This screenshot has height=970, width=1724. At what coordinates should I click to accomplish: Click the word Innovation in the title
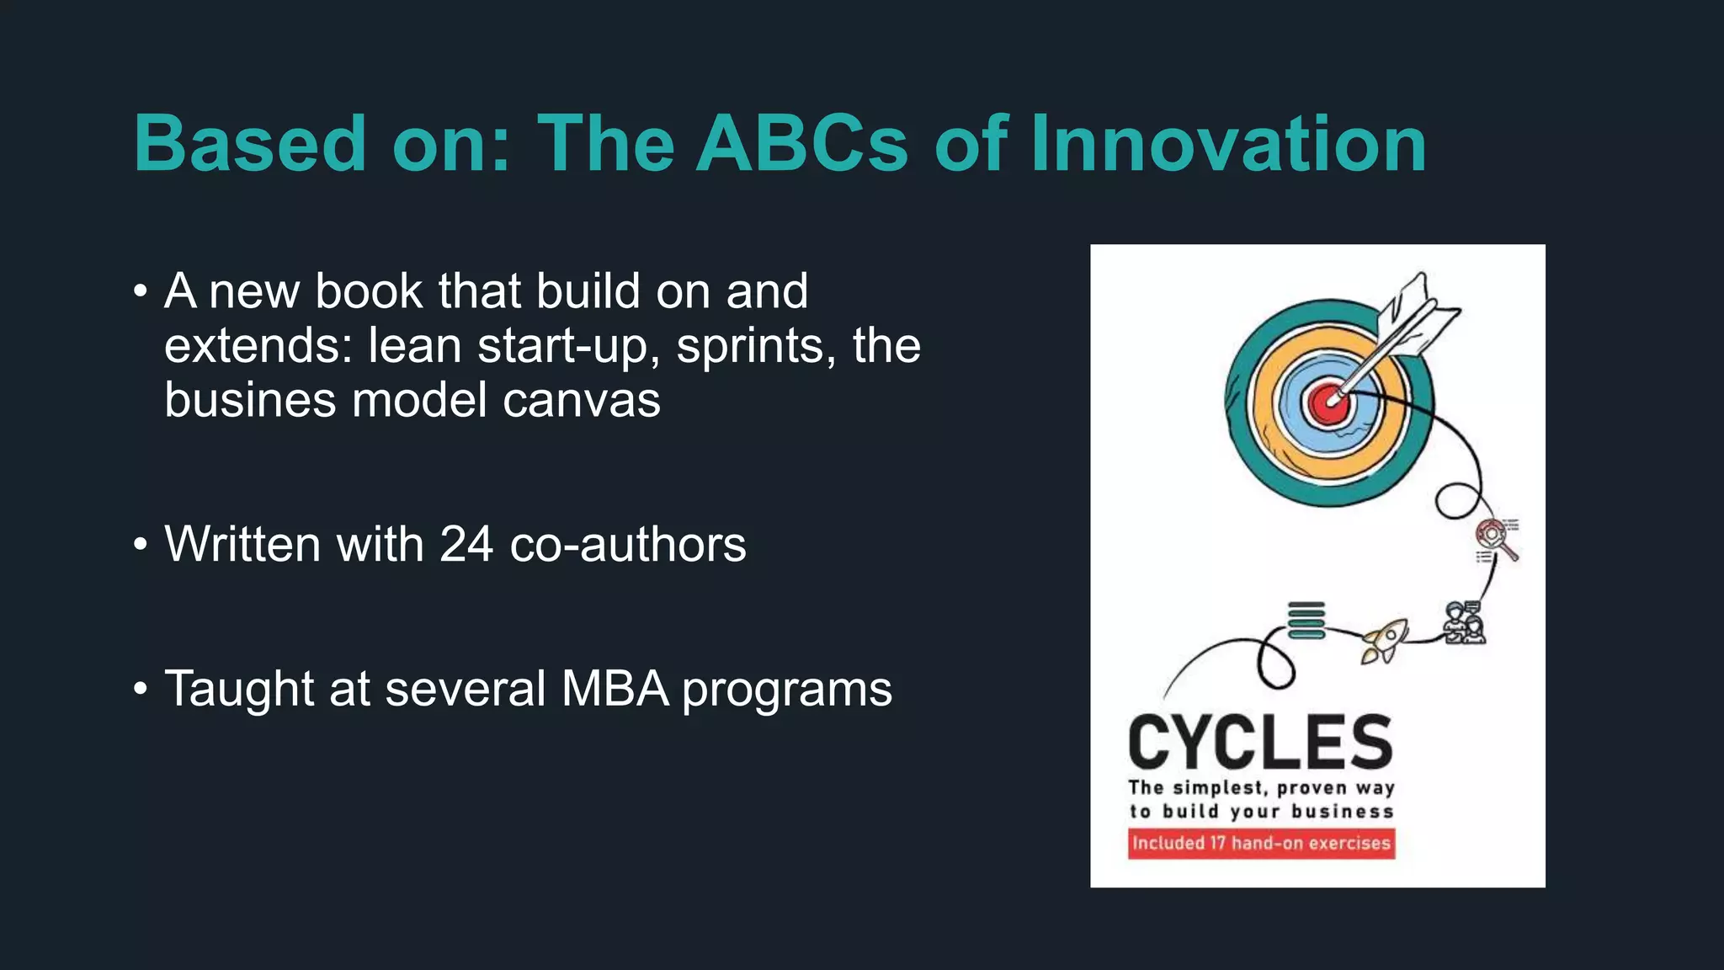pyautogui.click(x=1228, y=144)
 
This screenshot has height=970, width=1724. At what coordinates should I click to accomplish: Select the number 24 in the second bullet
pyautogui.click(x=466, y=544)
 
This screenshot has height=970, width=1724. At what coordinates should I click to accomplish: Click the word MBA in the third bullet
pyautogui.click(x=615, y=689)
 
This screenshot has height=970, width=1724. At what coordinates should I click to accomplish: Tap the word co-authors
pyautogui.click(x=627, y=544)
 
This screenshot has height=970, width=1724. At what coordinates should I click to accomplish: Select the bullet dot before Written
pyautogui.click(x=141, y=545)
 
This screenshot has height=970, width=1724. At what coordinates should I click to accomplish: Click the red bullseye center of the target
pyautogui.click(x=1329, y=402)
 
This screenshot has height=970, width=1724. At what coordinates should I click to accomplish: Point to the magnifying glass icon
pyautogui.click(x=1497, y=539)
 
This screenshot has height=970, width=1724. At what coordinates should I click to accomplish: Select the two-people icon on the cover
pyautogui.click(x=1463, y=623)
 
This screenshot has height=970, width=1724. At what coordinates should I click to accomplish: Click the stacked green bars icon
pyautogui.click(x=1306, y=621)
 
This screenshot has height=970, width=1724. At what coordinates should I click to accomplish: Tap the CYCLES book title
pyautogui.click(x=1260, y=742)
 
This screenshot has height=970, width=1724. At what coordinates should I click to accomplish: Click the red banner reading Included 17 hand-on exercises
pyautogui.click(x=1261, y=843)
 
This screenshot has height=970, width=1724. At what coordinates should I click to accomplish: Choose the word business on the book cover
pyautogui.click(x=1343, y=812)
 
